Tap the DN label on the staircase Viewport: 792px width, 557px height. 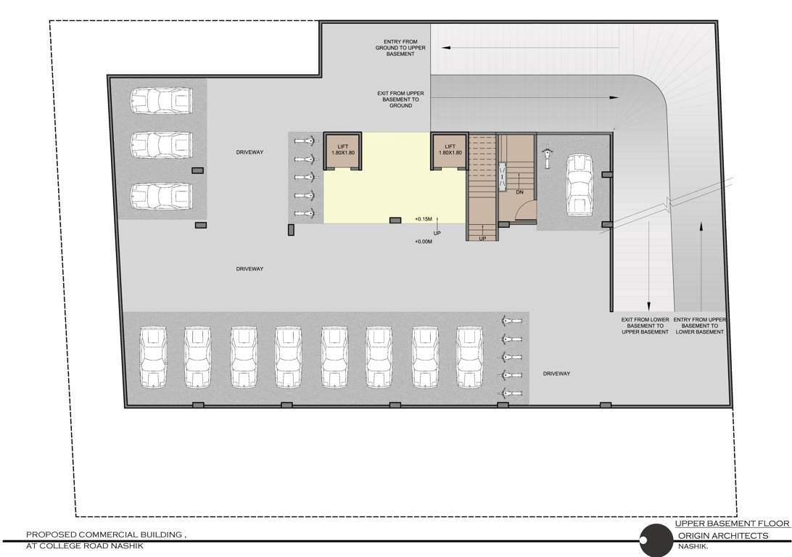519,192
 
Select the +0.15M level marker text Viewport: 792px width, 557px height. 424,219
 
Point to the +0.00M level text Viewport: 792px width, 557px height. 424,242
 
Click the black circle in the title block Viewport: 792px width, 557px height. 656,540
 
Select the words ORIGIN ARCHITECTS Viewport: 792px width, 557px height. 723,535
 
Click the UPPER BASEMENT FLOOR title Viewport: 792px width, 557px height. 731,523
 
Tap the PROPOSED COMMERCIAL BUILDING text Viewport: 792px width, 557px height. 106,535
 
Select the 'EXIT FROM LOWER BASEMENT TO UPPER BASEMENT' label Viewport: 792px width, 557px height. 645,326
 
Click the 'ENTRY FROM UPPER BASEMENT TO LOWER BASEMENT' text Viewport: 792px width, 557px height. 699,326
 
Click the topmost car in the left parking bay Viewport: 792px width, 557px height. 161,101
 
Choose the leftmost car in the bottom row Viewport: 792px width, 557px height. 153,358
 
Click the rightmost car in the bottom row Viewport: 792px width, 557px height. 470,358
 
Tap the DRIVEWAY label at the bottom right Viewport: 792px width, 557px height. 556,374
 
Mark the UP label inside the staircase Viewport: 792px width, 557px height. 482,238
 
